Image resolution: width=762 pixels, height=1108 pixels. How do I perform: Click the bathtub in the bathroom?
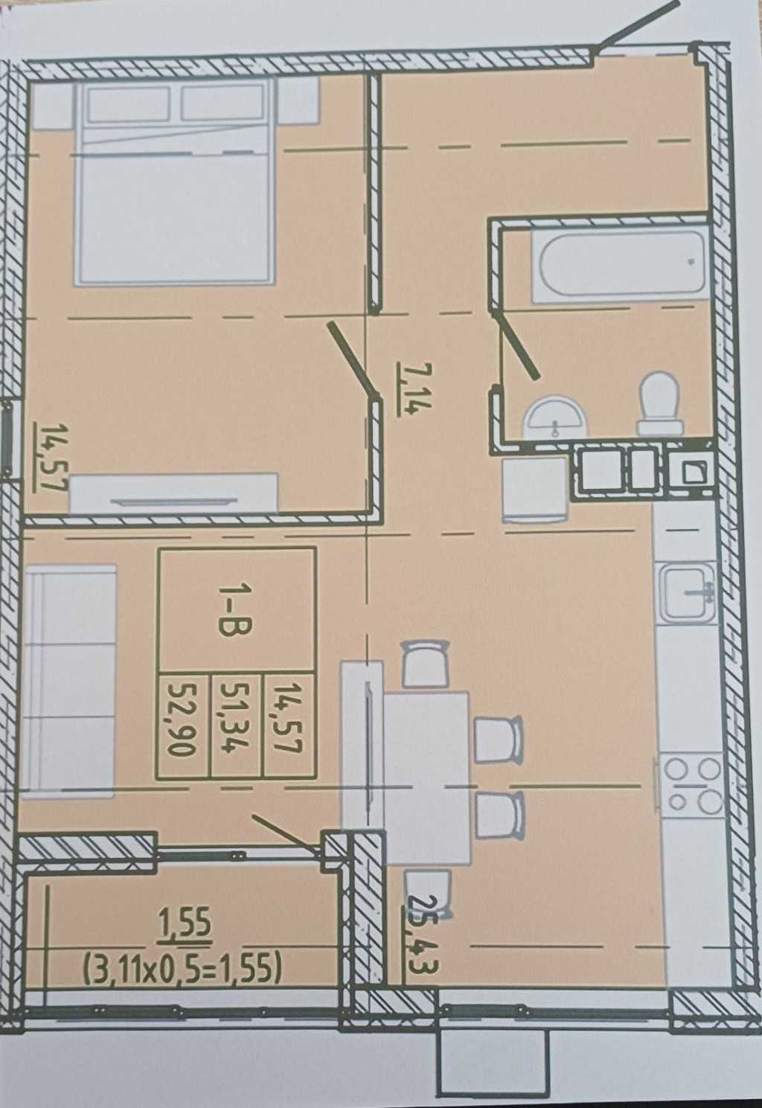pos(618,266)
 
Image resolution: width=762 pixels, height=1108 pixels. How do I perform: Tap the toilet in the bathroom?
pos(660,403)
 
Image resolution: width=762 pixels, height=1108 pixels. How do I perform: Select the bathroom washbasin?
pos(556,418)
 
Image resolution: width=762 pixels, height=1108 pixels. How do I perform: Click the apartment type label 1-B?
pos(235,607)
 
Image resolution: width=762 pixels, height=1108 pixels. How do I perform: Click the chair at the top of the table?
pos(424,665)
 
